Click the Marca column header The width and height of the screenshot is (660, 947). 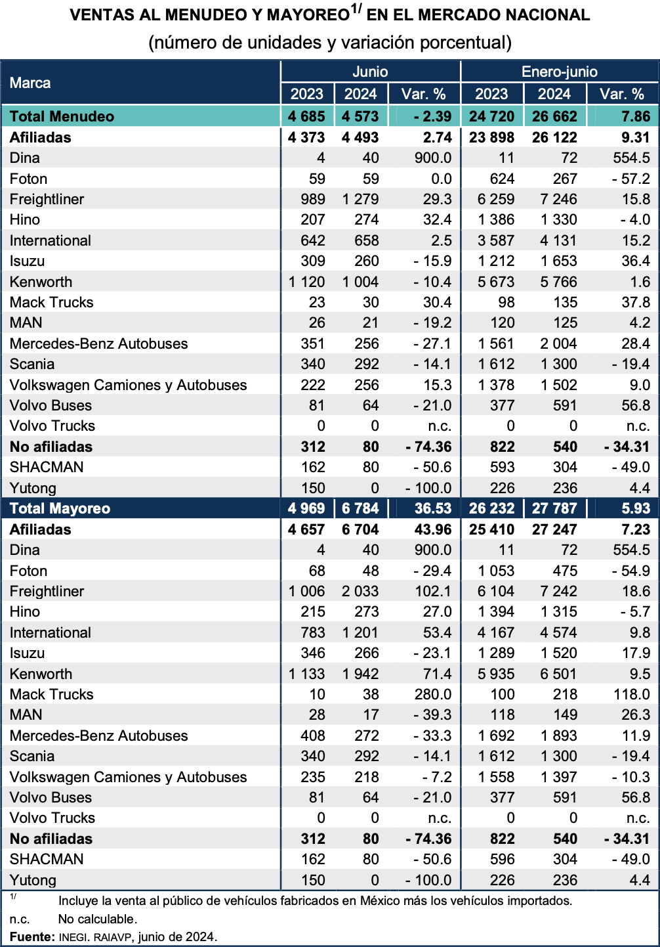30,83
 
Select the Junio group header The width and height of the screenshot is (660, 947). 370,72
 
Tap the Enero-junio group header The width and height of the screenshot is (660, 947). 559,72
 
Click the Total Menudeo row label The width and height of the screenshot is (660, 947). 62,116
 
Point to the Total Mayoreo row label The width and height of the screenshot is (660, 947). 60,508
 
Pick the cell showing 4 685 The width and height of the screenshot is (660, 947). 306,116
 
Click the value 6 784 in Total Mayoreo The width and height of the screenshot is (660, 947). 360,508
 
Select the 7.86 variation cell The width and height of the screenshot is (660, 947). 636,116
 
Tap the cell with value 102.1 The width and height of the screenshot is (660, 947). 433,591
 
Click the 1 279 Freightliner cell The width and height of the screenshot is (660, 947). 360,199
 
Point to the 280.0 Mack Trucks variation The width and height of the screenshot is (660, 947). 433,694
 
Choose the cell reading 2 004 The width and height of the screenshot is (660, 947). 558,343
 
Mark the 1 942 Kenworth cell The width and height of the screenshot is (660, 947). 360,674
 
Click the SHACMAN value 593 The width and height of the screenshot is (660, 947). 502,467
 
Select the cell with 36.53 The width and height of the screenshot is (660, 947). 433,508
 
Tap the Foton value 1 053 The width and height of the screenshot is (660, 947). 496,571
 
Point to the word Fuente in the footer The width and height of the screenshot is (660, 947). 31,936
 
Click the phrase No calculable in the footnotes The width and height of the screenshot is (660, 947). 97,919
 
